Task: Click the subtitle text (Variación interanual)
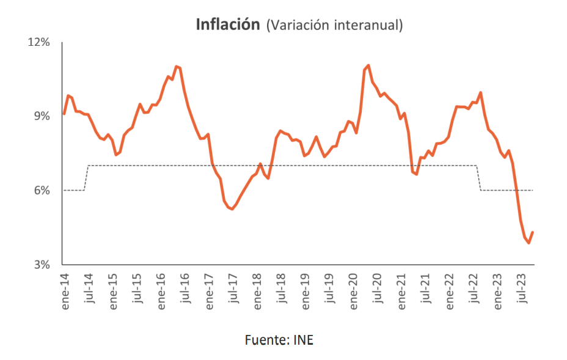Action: pyautogui.click(x=335, y=25)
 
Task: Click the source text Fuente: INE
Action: pyautogui.click(x=279, y=340)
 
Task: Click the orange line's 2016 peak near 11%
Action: pyautogui.click(x=176, y=66)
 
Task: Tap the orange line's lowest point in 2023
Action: pyautogui.click(x=529, y=243)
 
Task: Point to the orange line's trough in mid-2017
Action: pyautogui.click(x=232, y=209)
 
